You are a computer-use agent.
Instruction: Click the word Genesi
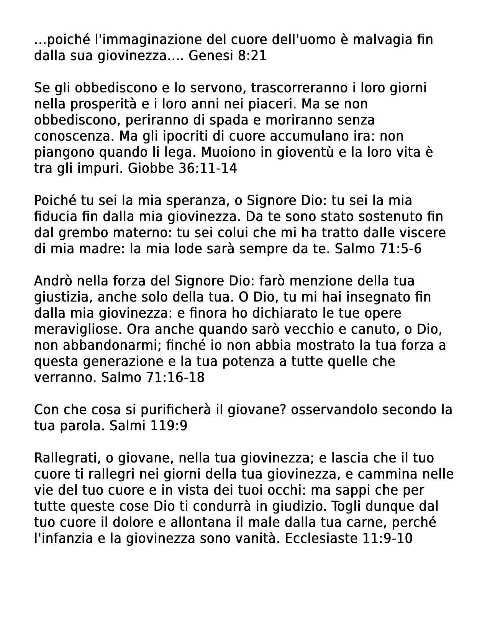click(x=211, y=56)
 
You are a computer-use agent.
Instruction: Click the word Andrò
click(x=54, y=281)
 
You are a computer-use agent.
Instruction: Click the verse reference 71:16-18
click(x=175, y=378)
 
